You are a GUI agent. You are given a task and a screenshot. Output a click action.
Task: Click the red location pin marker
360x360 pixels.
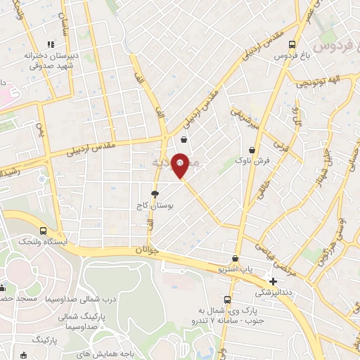click(x=181, y=165)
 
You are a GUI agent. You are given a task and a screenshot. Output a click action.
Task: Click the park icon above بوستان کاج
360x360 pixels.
click(x=155, y=193)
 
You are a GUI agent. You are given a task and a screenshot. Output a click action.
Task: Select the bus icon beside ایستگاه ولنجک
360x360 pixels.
click(x=44, y=230)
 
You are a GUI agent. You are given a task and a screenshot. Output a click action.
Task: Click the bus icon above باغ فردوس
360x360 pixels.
click(x=291, y=44)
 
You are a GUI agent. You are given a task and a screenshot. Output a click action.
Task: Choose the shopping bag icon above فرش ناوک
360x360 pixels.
click(x=252, y=150)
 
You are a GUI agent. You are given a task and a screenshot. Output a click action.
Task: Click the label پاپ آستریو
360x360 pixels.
click(x=236, y=270)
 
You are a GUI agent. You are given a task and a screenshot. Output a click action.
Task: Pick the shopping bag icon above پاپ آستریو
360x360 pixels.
click(x=236, y=259)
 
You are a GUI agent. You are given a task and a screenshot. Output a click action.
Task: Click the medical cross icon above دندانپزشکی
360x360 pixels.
click(x=273, y=281)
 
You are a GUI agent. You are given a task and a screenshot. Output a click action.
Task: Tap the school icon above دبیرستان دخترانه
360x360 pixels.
click(x=49, y=44)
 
